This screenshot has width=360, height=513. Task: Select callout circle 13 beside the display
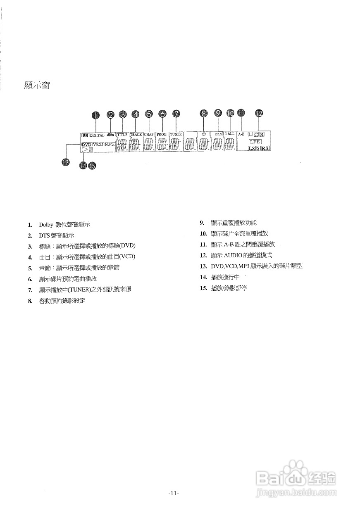(65, 162)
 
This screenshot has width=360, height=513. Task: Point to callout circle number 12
(259, 113)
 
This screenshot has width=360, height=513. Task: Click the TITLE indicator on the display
(122, 135)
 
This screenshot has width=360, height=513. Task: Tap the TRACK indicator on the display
(136, 135)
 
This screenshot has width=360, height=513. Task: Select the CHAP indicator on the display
(149, 135)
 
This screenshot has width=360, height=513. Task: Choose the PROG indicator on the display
(162, 135)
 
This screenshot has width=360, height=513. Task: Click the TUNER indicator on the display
(176, 135)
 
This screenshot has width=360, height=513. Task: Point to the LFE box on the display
(255, 142)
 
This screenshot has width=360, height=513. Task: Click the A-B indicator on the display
(241, 134)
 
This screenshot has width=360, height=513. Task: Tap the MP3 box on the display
(109, 144)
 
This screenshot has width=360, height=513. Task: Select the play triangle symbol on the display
(85, 150)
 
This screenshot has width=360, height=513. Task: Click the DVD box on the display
(86, 145)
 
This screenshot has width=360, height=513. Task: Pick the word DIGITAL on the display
(97, 135)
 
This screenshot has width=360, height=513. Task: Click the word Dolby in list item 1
(46, 225)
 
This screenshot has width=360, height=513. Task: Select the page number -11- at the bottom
(174, 493)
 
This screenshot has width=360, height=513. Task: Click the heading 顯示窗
(38, 86)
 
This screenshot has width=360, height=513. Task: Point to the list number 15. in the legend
(203, 288)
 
